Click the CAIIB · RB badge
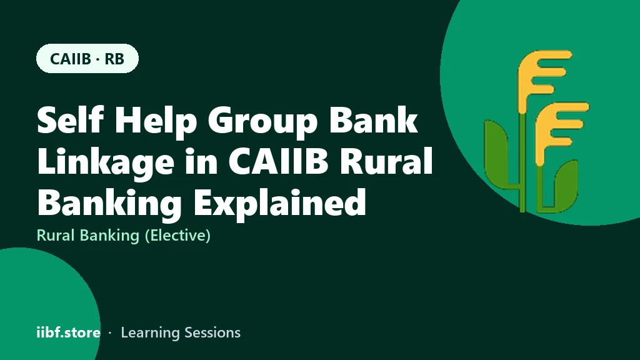click(87, 58)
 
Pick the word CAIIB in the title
click(278, 161)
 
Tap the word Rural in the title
click(386, 161)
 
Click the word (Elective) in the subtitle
click(177, 236)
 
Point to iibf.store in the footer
click(69, 332)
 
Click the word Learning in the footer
click(149, 333)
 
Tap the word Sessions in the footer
click(212, 332)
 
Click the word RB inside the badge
click(114, 59)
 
